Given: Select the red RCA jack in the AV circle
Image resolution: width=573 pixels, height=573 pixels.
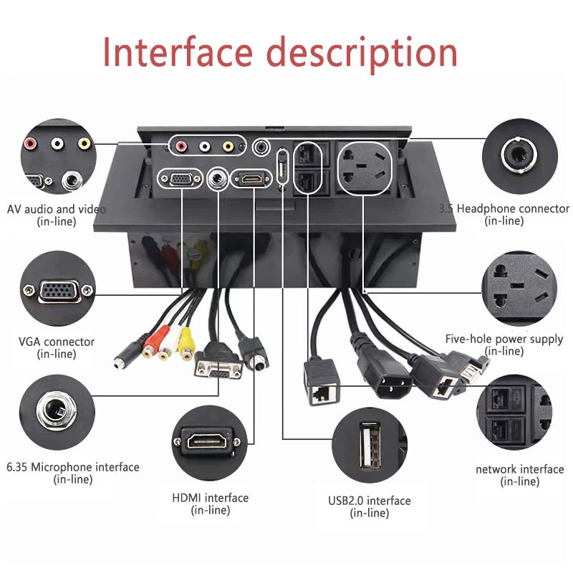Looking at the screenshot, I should tap(31, 143).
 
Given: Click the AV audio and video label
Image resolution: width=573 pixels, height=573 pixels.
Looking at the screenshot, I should tap(56, 209).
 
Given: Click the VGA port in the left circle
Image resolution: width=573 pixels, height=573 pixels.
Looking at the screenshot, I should tap(57, 290).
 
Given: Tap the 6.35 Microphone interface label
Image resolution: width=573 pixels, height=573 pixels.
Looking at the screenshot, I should tap(72, 467).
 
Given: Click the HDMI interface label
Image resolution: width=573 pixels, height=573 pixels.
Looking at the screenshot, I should tap(210, 498).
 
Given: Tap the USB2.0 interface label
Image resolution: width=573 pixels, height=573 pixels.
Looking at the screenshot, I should tap(369, 501).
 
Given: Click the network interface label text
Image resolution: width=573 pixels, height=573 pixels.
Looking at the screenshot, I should tap(519, 469).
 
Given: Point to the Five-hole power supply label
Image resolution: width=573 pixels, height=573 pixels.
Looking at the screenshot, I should tap(504, 339).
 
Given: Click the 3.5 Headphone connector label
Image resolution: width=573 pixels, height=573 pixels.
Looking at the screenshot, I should tap(504, 208).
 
